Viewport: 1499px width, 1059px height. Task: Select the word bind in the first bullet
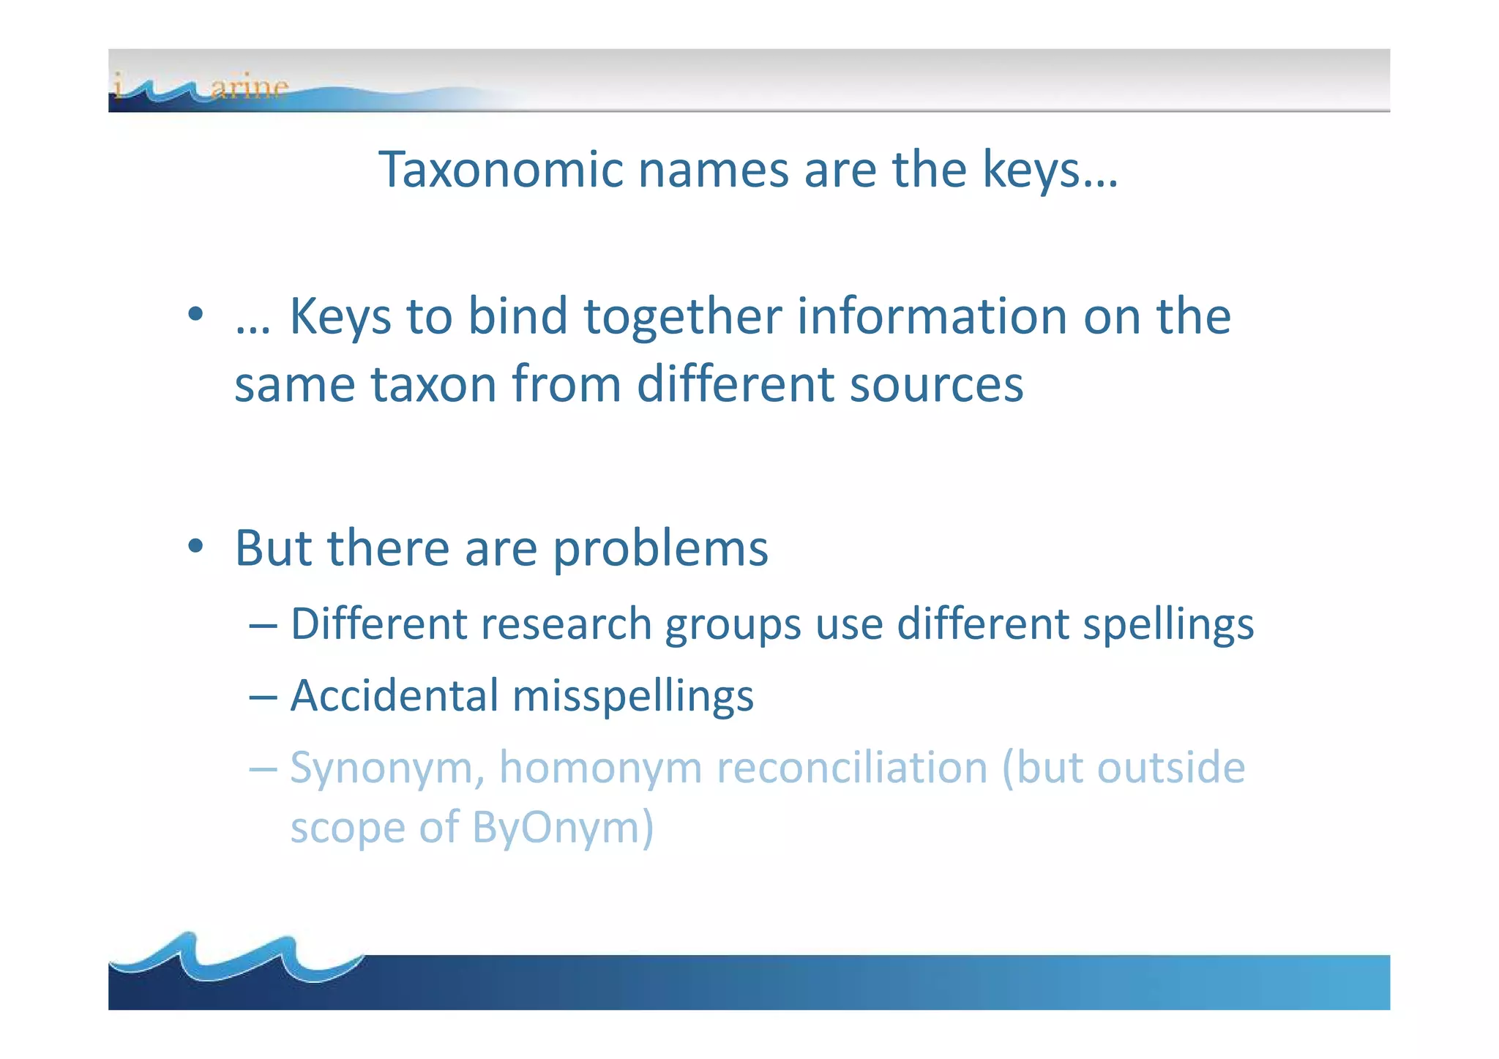(517, 316)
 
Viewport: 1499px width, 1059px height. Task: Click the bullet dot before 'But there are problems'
(195, 546)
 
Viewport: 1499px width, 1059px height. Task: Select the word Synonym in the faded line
(387, 769)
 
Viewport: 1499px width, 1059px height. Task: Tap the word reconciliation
(852, 768)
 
